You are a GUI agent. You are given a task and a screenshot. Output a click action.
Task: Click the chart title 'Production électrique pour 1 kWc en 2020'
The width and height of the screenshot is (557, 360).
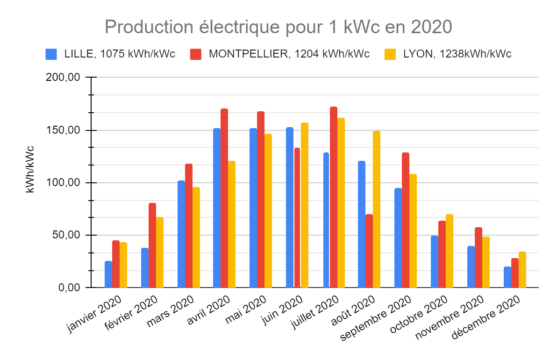pyautogui.click(x=278, y=27)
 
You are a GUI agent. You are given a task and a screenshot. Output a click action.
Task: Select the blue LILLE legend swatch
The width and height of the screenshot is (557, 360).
pyautogui.click(x=51, y=54)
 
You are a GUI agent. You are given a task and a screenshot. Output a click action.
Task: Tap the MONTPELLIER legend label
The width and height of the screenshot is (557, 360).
pyautogui.click(x=289, y=54)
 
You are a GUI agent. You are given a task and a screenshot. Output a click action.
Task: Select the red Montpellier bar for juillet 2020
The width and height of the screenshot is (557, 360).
pyautogui.click(x=334, y=197)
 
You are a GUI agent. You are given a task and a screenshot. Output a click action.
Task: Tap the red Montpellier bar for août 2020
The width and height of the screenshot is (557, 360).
pyautogui.click(x=369, y=251)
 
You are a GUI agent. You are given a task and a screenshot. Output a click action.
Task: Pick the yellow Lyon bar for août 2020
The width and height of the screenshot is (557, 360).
pyautogui.click(x=377, y=209)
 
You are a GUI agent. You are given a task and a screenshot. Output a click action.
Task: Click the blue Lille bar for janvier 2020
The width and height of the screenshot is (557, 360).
pyautogui.click(x=108, y=274)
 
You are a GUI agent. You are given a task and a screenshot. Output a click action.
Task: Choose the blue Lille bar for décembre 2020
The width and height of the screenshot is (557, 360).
pyautogui.click(x=507, y=277)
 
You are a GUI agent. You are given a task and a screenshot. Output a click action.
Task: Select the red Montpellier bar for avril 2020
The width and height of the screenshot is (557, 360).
pyautogui.click(x=224, y=198)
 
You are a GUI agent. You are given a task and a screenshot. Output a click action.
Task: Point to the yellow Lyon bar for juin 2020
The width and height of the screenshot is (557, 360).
pyautogui.click(x=305, y=205)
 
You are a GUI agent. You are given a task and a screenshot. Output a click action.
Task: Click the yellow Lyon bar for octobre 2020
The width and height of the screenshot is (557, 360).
pyautogui.click(x=450, y=251)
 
